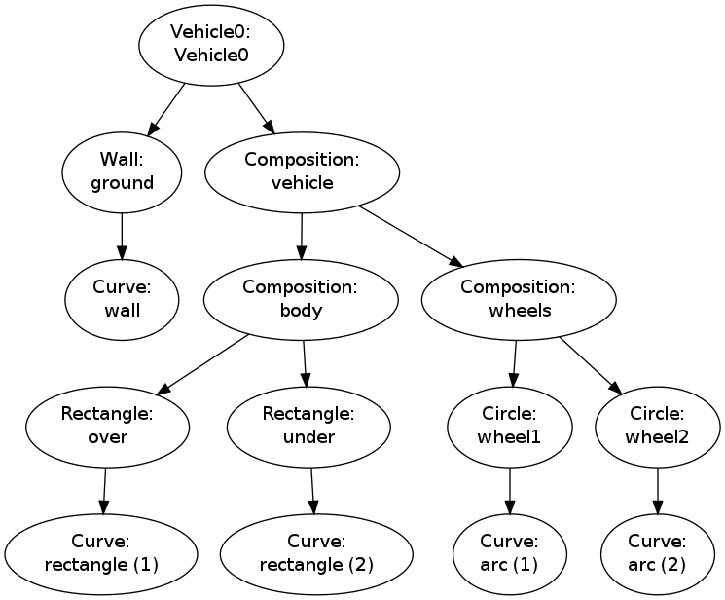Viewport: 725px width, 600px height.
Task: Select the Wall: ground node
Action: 122,171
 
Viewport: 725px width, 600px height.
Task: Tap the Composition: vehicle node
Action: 302,171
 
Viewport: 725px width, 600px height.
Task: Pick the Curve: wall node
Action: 122,299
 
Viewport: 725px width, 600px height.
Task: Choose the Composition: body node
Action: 301,299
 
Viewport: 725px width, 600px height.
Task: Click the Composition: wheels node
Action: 519,299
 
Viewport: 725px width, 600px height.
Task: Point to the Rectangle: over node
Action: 107,427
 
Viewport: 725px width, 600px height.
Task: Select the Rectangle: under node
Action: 308,427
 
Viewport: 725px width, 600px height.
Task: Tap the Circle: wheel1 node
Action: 509,427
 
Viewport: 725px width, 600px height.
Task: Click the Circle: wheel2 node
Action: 657,427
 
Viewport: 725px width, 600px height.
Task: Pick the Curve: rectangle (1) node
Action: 101,554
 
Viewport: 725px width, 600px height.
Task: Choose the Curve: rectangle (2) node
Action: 316,554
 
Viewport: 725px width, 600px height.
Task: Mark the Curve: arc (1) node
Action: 509,554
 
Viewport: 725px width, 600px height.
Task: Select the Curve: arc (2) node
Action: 657,554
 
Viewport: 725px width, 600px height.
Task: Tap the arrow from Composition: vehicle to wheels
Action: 410,235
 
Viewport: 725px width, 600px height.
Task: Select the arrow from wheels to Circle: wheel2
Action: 590,365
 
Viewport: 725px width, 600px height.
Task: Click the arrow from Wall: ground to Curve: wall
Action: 122,235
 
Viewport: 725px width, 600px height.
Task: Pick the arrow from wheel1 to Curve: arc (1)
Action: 509,490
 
